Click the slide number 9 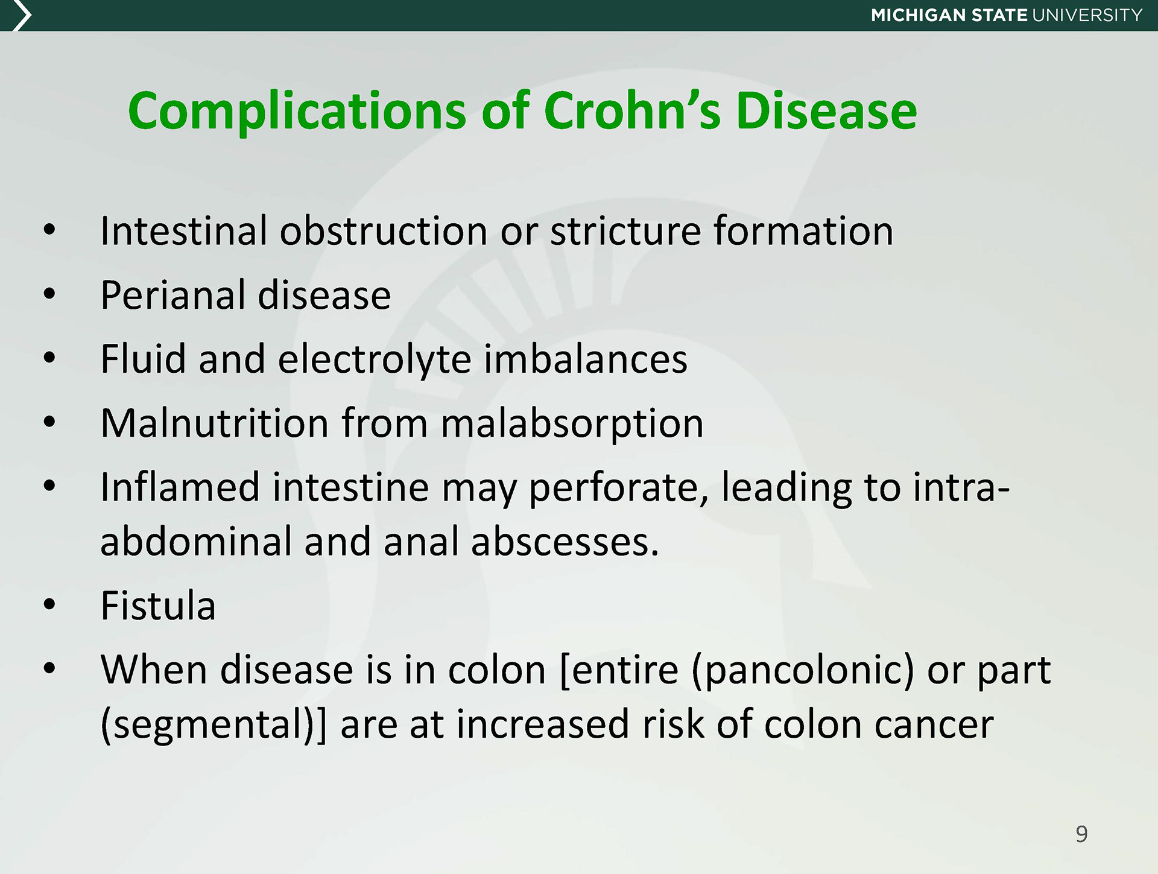[x=1081, y=834]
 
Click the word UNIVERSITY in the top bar [x=1087, y=15]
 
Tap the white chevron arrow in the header [x=22, y=16]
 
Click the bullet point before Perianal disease [x=49, y=294]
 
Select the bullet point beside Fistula [x=49, y=604]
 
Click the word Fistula [x=158, y=605]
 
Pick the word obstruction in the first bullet [x=384, y=230]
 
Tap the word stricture [x=625, y=231]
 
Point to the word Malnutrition [x=214, y=423]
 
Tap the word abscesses [x=565, y=542]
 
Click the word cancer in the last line [x=934, y=724]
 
